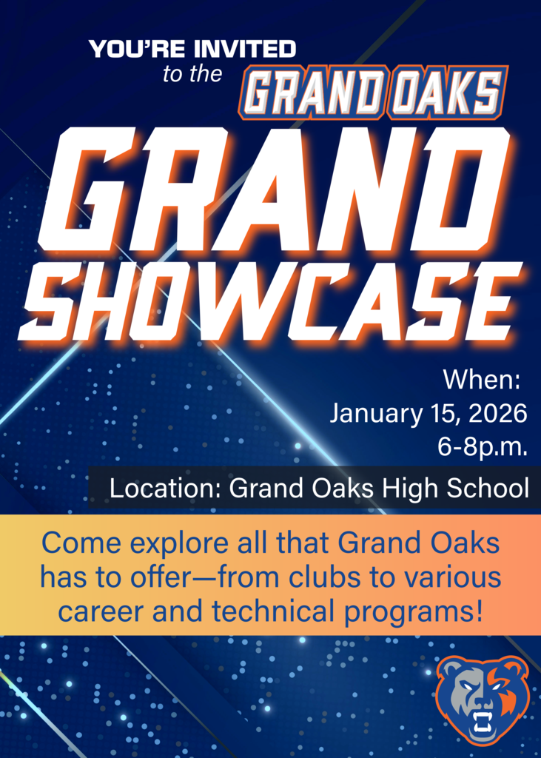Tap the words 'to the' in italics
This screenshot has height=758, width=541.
pyautogui.click(x=192, y=75)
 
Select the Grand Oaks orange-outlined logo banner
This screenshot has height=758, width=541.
pyautogui.click(x=373, y=93)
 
